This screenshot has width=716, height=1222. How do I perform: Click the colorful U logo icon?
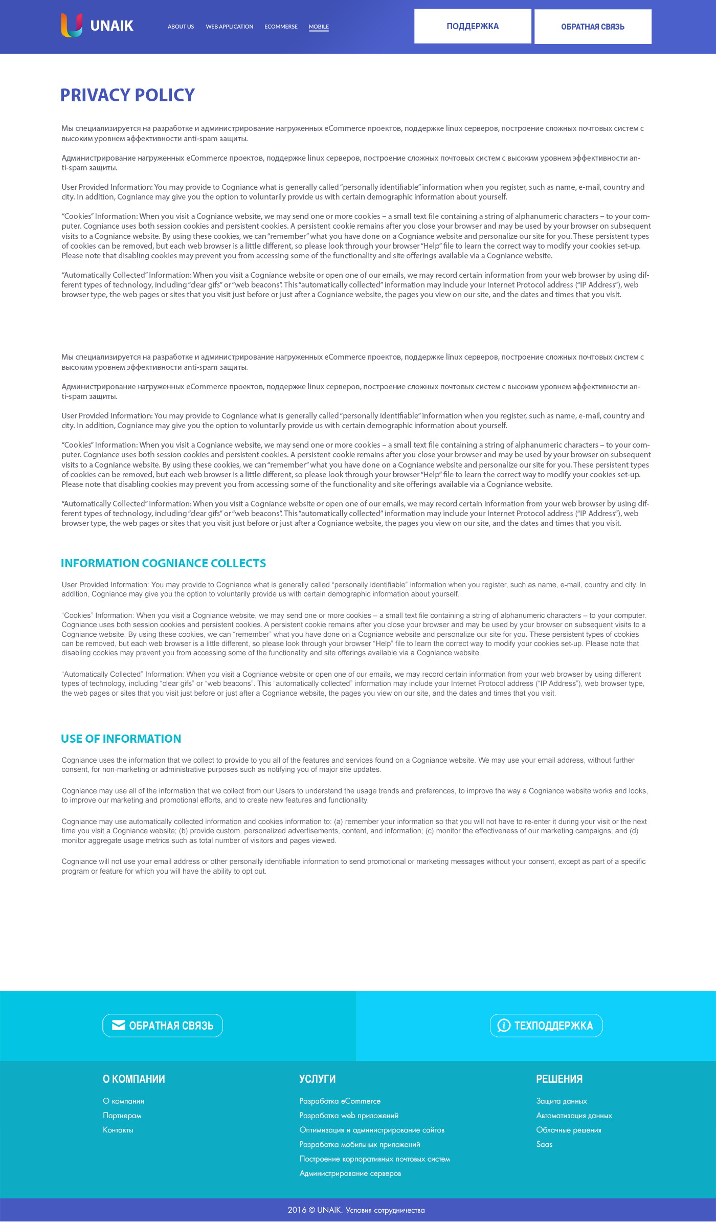point(72,26)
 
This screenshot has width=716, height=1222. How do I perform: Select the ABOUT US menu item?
point(181,27)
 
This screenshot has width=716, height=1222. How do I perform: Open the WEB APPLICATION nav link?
point(229,27)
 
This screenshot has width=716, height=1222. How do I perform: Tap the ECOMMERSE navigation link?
point(281,27)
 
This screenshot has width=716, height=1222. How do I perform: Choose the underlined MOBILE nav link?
point(319,27)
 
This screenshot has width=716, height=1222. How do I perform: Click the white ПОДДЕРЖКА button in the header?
point(473,26)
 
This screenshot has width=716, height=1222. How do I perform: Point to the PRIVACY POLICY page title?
point(127,95)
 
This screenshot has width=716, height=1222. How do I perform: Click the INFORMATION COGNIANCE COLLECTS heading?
point(163,563)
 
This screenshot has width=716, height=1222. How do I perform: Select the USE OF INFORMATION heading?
point(121,739)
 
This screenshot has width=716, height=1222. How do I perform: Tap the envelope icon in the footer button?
point(119,1025)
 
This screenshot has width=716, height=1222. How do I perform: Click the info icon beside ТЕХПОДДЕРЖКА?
point(504,1025)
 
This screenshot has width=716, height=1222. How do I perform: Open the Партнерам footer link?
point(122,1116)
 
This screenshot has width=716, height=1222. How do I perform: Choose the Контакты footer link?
point(118,1130)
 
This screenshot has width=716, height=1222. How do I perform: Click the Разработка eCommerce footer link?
point(340,1101)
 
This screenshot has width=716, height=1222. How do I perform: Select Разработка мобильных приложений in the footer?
point(360,1144)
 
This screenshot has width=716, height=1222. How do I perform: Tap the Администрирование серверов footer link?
point(350,1173)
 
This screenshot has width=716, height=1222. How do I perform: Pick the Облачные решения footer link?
point(569,1130)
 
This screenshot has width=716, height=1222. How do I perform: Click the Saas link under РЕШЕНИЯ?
point(544,1144)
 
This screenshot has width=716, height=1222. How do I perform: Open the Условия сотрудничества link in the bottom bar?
point(385,1210)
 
